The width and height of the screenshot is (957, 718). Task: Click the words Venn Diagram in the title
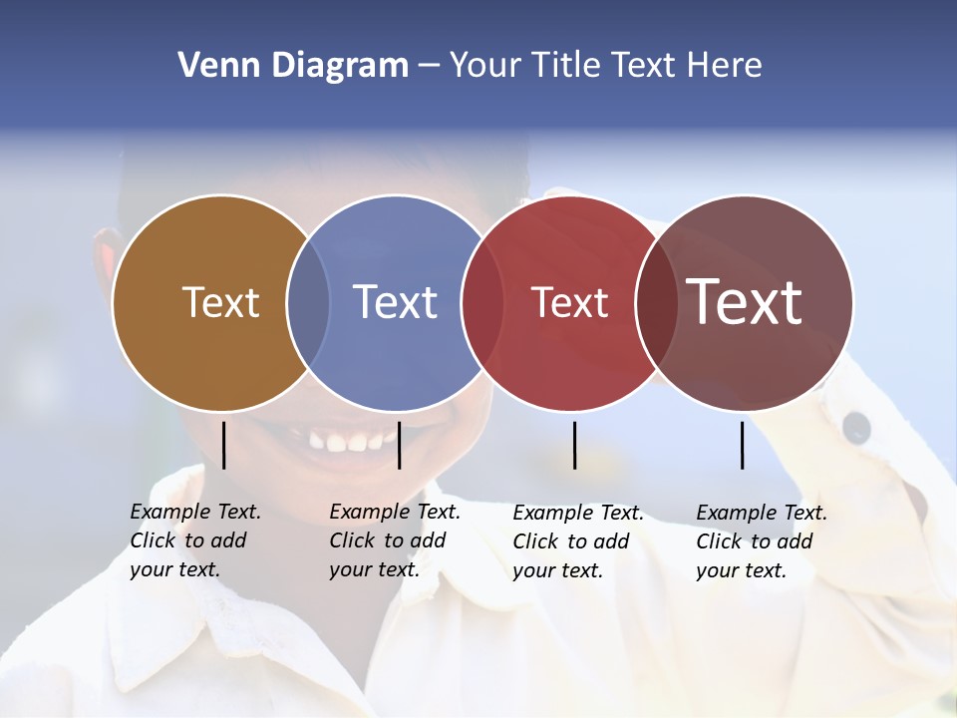click(293, 66)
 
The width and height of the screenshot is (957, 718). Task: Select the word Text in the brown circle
click(220, 302)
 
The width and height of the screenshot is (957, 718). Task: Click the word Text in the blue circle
click(396, 302)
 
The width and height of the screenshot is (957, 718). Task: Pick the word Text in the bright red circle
click(569, 302)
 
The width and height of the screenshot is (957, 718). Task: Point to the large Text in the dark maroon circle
click(745, 302)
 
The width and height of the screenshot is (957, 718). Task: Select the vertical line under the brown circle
click(223, 445)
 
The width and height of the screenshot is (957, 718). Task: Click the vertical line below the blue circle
click(399, 445)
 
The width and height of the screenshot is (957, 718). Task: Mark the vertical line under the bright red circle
click(574, 445)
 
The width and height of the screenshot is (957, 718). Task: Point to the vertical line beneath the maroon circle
click(742, 445)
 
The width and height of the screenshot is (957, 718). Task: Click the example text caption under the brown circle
click(195, 540)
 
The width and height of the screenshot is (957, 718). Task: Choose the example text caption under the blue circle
click(395, 540)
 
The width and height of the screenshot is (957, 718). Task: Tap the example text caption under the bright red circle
click(578, 541)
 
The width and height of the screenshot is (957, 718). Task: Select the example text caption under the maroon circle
click(762, 541)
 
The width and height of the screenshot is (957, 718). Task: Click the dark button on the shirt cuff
click(856, 427)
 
